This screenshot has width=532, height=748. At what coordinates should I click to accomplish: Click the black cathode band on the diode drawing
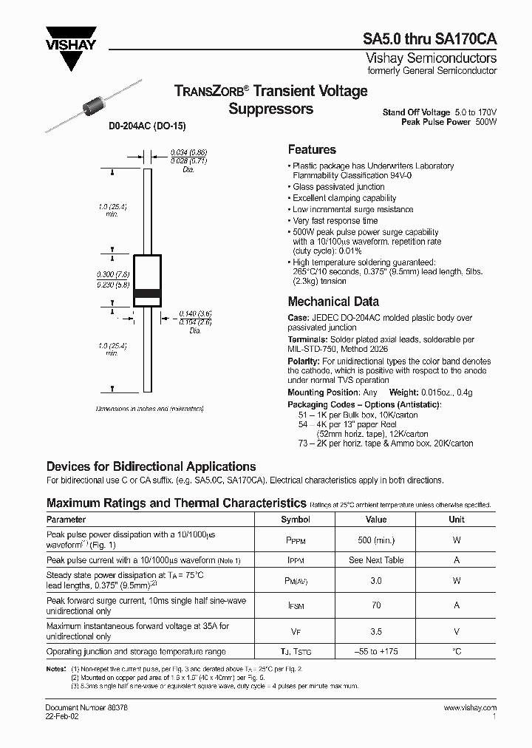pyautogui.click(x=147, y=293)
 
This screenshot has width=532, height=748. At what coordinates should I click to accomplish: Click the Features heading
pyautogui.click(x=312, y=149)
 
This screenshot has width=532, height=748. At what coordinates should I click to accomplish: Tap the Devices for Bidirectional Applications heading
pyautogui.click(x=151, y=466)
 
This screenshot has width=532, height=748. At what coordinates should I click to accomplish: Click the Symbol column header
pyautogui.click(x=295, y=520)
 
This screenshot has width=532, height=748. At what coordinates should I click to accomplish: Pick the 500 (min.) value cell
pyautogui.click(x=376, y=540)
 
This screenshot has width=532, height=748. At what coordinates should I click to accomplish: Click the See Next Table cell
pyautogui.click(x=376, y=560)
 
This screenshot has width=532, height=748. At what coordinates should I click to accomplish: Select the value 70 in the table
pyautogui.click(x=376, y=605)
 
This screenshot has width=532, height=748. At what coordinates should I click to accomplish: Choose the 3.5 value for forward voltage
pyautogui.click(x=376, y=631)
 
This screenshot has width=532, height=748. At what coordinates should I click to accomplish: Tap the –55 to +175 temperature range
pyautogui.click(x=376, y=652)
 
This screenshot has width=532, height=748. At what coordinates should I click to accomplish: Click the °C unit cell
pyautogui.click(x=456, y=652)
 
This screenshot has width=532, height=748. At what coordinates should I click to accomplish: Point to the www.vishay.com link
pyautogui.click(x=470, y=708)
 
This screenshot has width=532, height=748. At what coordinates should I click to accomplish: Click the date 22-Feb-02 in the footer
pyautogui.click(x=61, y=716)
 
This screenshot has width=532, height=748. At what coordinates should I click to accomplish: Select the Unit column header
pyautogui.click(x=456, y=520)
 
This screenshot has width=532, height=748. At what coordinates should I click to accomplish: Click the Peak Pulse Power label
pyautogui.click(x=435, y=122)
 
